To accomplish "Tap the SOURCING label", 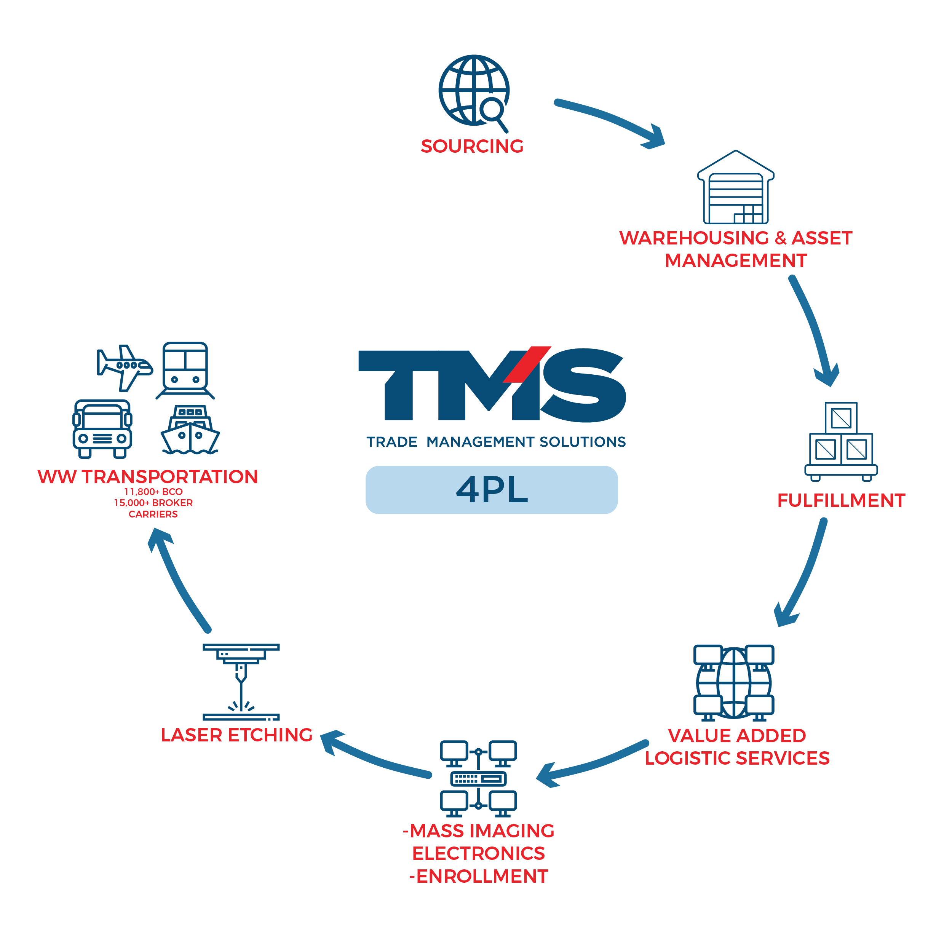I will click(x=471, y=146).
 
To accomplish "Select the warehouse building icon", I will click(x=735, y=188).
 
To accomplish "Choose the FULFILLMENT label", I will click(x=841, y=501).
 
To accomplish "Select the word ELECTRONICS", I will click(x=478, y=853).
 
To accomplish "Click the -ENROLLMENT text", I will click(x=478, y=877).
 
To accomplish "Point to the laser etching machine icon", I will click(x=241, y=682).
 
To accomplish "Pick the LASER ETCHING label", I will click(x=236, y=735).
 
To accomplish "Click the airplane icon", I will click(x=124, y=367).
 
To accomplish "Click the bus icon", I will click(x=102, y=429).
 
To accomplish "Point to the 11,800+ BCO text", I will click(x=153, y=492).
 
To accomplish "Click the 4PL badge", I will click(x=491, y=490).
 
